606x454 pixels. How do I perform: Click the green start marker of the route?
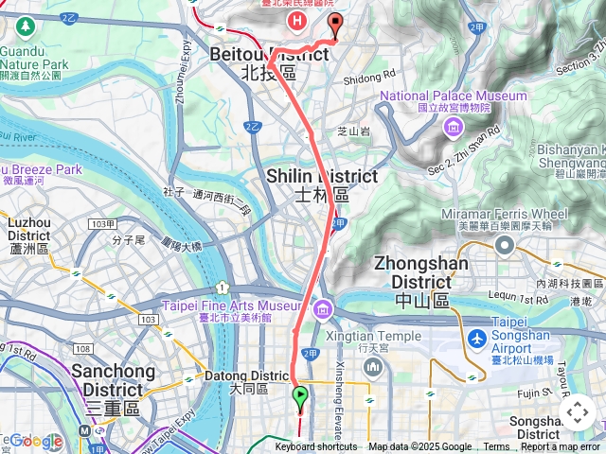(301, 396)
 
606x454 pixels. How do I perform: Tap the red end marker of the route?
(333, 24)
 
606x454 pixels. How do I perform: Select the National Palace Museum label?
(454, 96)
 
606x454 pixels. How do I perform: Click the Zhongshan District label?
(413, 271)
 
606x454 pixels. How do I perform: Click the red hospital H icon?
(298, 19)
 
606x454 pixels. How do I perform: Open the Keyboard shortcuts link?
(316, 447)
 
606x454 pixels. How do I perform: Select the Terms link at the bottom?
(496, 447)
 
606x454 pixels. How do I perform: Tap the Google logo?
(36, 441)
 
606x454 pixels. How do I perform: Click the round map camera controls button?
(577, 412)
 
